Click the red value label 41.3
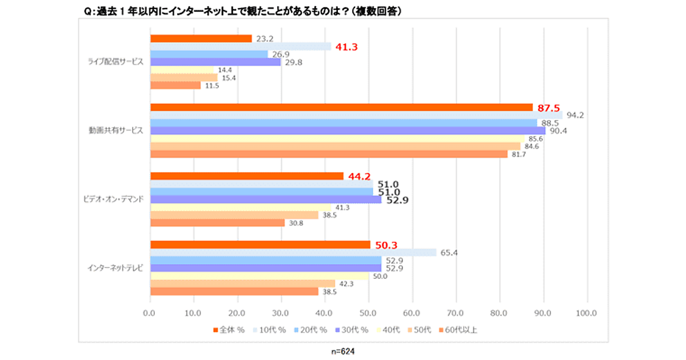pos(346,47)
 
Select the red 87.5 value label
pos(548,107)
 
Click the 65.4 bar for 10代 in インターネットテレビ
pos(293,253)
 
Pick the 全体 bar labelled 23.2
pos(201,39)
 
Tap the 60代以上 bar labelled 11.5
pos(176,85)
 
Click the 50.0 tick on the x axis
pos(368,313)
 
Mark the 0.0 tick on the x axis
pos(150,313)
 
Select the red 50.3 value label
pos(386,245)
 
